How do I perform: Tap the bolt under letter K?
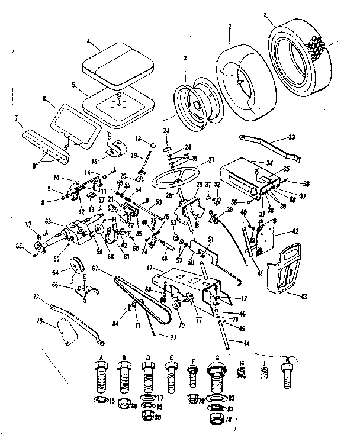[x=288, y=374]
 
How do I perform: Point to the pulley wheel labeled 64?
[x=76, y=266]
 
